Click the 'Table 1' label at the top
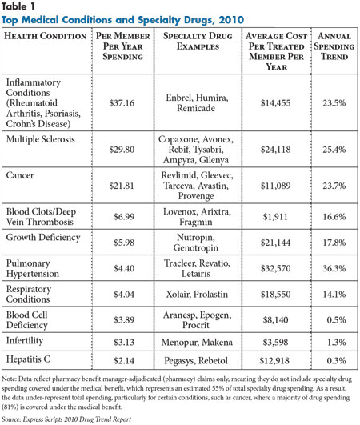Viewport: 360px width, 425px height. tap(18, 6)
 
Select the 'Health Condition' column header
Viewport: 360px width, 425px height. tap(46, 36)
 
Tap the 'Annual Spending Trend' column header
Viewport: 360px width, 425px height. tap(334, 46)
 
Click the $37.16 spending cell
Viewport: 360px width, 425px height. tap(122, 103)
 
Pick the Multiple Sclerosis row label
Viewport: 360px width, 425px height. tap(40, 139)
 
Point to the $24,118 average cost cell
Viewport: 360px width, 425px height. tap(275, 150)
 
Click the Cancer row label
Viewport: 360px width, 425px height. tap(20, 175)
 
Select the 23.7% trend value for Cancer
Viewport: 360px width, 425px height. tap(334, 186)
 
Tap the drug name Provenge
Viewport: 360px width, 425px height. tap(196, 196)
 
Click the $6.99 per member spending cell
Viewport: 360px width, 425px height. tap(124, 217)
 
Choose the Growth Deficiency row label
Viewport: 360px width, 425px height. tap(43, 238)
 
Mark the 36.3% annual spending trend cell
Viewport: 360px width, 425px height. tap(334, 268)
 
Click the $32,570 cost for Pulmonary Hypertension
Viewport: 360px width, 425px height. tap(275, 268)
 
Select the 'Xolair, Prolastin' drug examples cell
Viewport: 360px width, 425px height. tap(197, 294)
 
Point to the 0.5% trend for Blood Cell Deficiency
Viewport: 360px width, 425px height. tap(336, 320)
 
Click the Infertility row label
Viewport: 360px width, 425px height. tap(25, 340)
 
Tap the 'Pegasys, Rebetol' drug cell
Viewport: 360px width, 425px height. tap(196, 361)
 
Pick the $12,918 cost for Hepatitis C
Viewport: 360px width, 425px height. tap(274, 361)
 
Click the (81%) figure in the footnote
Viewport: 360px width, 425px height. tap(10, 407)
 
